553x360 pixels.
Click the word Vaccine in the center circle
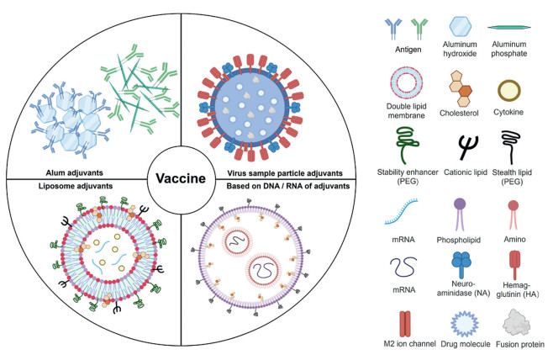[x=181, y=179]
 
